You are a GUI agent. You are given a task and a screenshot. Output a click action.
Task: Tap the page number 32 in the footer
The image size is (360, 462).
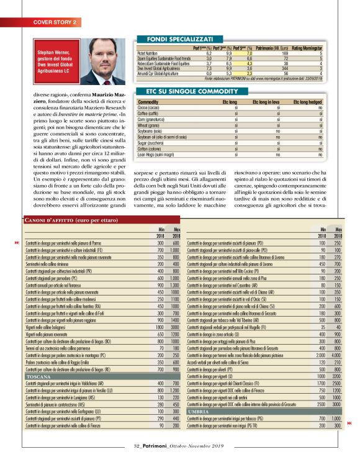pos(138,445)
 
